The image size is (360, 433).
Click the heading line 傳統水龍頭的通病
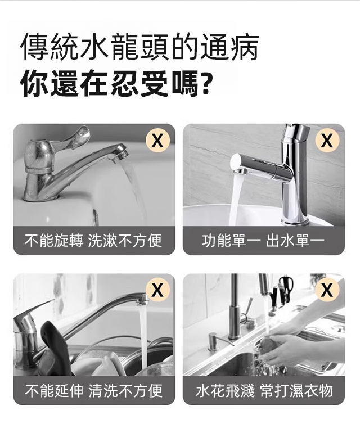click(x=140, y=47)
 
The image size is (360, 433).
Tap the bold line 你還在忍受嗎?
click(x=117, y=83)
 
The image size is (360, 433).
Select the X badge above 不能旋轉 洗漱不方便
click(x=157, y=141)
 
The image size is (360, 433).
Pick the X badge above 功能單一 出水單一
click(x=327, y=141)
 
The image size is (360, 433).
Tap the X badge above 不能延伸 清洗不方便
click(x=157, y=290)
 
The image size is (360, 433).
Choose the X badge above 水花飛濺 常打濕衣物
click(x=327, y=290)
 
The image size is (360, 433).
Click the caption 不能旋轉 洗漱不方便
click(x=93, y=240)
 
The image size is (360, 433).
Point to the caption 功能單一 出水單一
click(x=263, y=240)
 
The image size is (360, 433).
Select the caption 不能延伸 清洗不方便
click(x=94, y=390)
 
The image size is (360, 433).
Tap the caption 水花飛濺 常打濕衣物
click(x=264, y=390)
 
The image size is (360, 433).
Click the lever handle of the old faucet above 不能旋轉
click(x=79, y=137)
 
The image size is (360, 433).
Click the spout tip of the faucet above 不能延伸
click(x=142, y=299)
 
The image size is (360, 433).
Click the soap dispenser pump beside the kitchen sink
click(x=214, y=340)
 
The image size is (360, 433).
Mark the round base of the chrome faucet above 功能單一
click(x=294, y=220)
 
